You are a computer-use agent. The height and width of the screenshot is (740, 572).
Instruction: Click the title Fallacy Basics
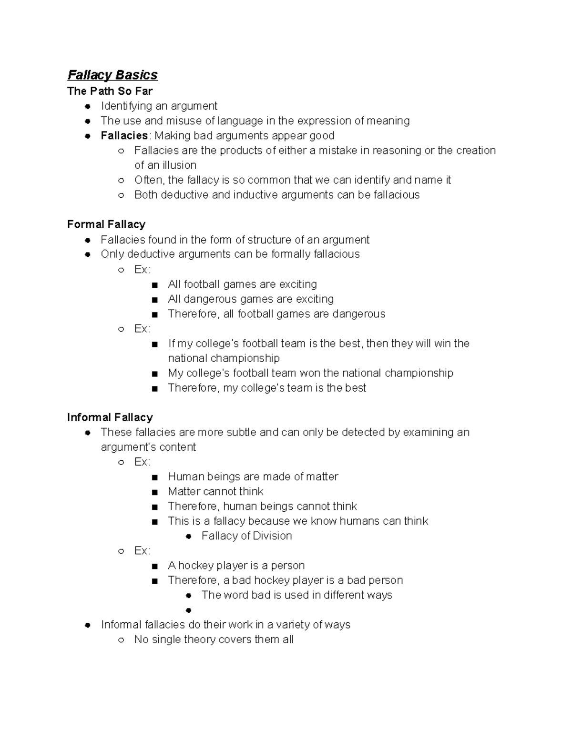tap(112, 75)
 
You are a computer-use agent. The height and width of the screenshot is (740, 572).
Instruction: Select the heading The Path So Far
tap(110, 91)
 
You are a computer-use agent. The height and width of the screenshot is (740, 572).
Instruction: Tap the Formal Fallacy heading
tap(106, 224)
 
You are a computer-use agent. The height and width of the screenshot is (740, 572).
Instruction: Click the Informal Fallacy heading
tap(110, 417)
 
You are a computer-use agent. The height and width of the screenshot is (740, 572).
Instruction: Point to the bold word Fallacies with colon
tap(125, 135)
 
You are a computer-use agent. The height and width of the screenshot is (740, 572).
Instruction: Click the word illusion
tap(179, 165)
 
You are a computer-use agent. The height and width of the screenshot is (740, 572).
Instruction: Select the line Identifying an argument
tap(159, 106)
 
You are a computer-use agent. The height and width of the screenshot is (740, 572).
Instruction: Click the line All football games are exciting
tap(242, 284)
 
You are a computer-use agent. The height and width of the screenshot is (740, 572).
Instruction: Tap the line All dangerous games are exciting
tap(251, 299)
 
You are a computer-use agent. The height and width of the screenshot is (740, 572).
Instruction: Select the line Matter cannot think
tap(215, 491)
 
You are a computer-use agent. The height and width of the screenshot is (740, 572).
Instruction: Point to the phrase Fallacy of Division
tap(246, 536)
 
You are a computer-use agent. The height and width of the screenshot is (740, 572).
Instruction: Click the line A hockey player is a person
tap(236, 565)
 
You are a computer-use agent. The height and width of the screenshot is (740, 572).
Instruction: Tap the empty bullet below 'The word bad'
tap(189, 610)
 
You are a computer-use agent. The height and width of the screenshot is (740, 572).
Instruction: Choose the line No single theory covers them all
tap(214, 639)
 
